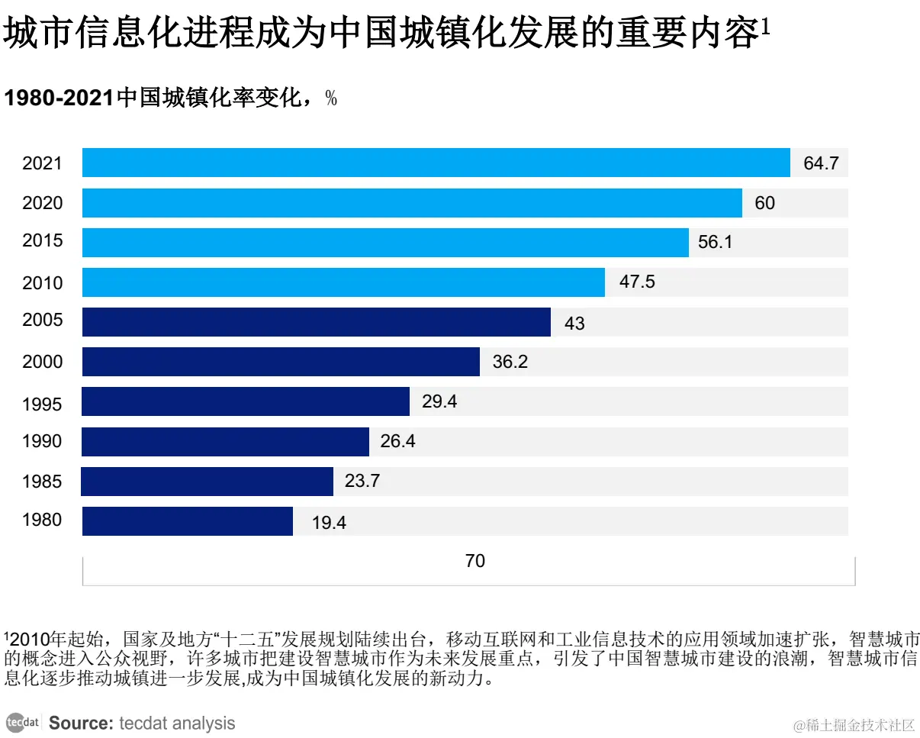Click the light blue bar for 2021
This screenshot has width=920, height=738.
tap(436, 163)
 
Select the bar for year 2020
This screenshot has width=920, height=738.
tap(412, 203)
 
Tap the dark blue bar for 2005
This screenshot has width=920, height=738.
tap(316, 322)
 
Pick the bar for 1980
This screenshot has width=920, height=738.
tap(187, 521)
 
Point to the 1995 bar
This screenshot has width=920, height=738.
tap(246, 401)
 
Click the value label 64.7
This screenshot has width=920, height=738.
tap(821, 163)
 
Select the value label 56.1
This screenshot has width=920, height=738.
tap(715, 242)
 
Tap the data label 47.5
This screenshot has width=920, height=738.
tap(637, 282)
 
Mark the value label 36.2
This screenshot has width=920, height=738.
tap(510, 362)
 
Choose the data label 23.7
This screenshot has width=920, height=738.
tap(362, 481)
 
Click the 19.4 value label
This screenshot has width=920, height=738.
tap(329, 523)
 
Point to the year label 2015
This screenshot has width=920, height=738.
tap(43, 241)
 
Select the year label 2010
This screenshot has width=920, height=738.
tap(43, 283)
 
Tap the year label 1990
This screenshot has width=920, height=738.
tap(43, 441)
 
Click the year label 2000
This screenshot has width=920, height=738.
tap(43, 362)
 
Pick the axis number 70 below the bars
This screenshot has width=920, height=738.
tap(474, 561)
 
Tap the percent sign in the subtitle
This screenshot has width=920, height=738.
tap(331, 98)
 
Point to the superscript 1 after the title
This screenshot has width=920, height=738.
tap(765, 27)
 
